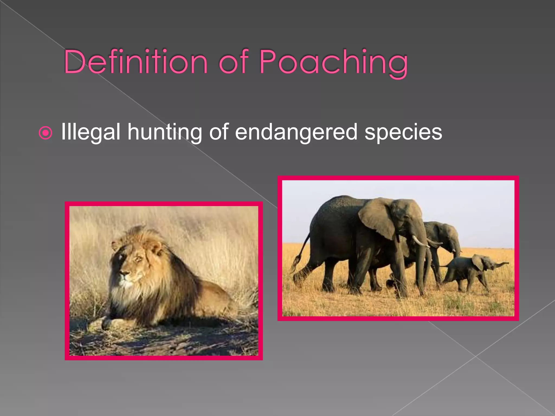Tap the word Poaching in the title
click(x=333, y=62)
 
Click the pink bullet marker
click(x=45, y=133)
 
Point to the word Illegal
click(x=91, y=132)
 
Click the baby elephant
click(x=472, y=271)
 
